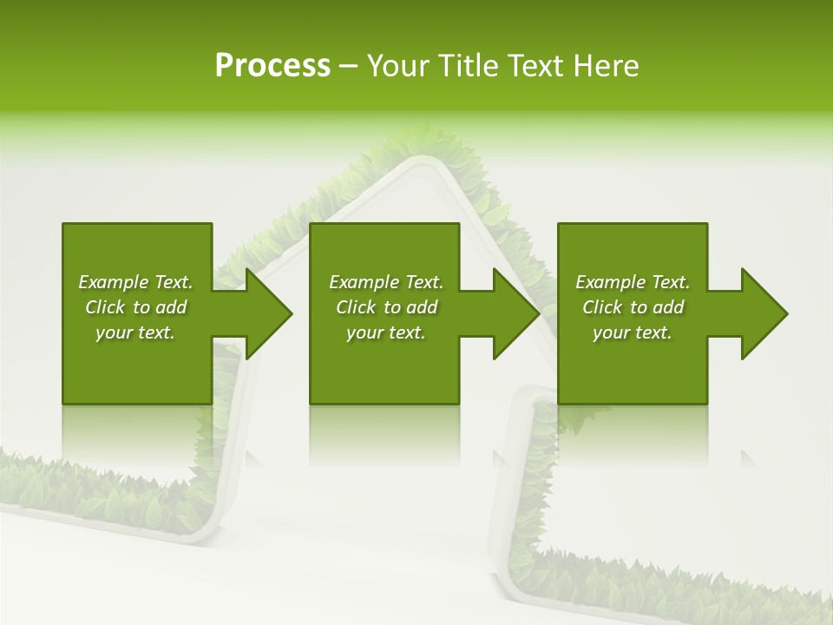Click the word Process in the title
272,66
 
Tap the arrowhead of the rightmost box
760,313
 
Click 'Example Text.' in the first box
135,282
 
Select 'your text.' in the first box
135,332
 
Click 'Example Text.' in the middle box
386,282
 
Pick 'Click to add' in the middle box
386,307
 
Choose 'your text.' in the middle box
386,332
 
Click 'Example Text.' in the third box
633,282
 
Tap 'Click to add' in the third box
633,307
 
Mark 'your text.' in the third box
633,332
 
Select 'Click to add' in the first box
135,307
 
